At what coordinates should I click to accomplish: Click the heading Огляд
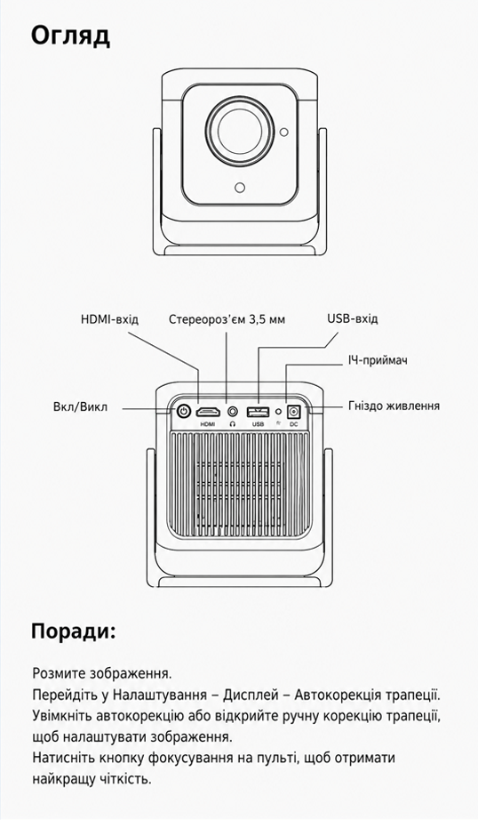click(70, 37)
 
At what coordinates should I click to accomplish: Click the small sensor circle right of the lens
click(283, 133)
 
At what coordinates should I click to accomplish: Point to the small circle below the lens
click(240, 188)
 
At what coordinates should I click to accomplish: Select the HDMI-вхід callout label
click(109, 319)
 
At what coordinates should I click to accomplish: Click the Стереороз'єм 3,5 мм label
click(227, 319)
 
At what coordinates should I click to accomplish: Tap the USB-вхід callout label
click(353, 318)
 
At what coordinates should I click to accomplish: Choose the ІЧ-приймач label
click(378, 360)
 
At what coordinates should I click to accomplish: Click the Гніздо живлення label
click(394, 406)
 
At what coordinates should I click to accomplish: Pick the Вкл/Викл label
click(80, 406)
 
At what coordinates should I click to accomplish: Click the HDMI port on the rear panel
click(207, 412)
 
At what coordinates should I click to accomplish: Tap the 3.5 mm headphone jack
click(233, 412)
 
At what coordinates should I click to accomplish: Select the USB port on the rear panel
click(258, 411)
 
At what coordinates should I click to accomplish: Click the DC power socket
click(293, 411)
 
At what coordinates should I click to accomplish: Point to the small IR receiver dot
click(278, 412)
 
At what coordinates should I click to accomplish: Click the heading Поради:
click(73, 631)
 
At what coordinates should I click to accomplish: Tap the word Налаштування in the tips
click(162, 695)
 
